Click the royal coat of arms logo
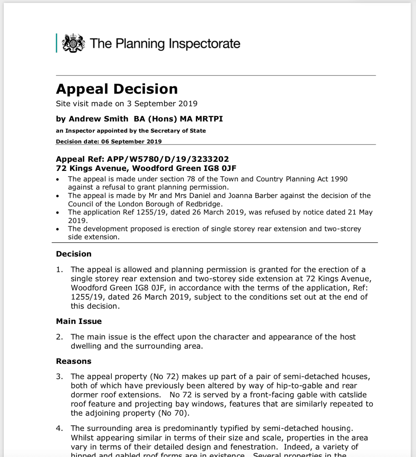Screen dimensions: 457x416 [x=73, y=43]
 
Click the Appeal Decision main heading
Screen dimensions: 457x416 [x=117, y=89]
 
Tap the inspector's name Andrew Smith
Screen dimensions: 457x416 [x=98, y=119]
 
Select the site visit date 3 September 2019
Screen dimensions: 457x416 [x=162, y=104]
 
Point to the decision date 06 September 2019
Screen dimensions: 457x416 [x=131, y=142]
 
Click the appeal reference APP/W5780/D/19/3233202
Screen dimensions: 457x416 [x=168, y=159]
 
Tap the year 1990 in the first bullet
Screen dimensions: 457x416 [x=339, y=179]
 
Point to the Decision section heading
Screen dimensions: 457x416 [x=74, y=254]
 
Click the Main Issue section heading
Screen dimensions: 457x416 [x=79, y=321]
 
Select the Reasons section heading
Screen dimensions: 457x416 [x=74, y=361]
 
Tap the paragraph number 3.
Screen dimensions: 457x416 [x=59, y=376]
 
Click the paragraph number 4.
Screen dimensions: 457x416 [x=59, y=429]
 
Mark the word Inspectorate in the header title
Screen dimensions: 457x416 [x=204, y=44]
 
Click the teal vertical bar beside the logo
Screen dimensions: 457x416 [x=56, y=43]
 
